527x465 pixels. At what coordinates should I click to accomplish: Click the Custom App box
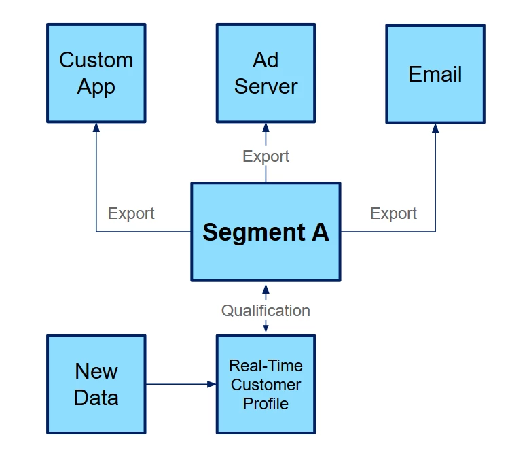pos(96,73)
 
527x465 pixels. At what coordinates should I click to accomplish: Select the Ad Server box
pos(266,73)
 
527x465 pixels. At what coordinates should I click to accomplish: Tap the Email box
pos(435,73)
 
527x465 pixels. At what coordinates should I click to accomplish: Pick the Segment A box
pos(266,232)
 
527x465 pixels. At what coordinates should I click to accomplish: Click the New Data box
pos(96,384)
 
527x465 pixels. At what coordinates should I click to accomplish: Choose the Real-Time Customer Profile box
pos(266,384)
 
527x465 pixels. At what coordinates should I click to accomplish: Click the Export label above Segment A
pos(266,156)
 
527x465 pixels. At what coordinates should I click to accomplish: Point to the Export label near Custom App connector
pos(131,213)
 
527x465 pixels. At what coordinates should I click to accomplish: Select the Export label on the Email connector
pos(393,213)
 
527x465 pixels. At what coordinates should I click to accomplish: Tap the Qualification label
pos(266,311)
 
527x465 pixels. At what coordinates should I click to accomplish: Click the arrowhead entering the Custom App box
pos(96,127)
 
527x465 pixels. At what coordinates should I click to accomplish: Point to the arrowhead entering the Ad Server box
pos(266,127)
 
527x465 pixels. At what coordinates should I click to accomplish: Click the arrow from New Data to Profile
pos(181,384)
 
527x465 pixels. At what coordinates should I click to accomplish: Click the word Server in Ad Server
pos(266,87)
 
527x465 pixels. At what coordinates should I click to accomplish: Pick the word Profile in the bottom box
pos(266,404)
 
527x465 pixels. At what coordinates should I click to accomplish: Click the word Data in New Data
pos(96,398)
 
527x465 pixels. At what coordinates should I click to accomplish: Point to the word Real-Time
pos(266,366)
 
